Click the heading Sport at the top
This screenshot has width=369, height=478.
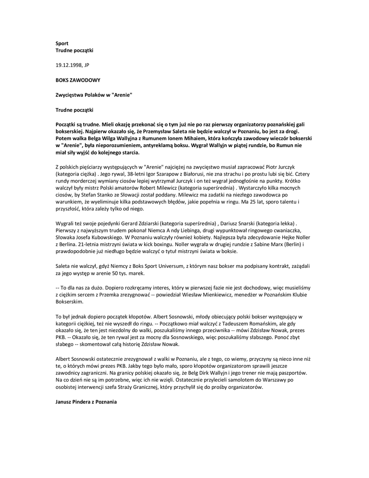62,43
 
